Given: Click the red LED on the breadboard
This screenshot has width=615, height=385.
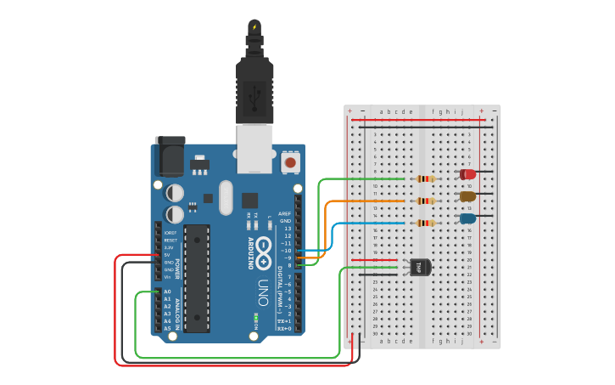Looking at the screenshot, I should [x=467, y=174].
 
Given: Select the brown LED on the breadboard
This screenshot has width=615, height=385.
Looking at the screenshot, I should [x=467, y=196].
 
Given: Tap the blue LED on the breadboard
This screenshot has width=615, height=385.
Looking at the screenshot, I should [x=467, y=218].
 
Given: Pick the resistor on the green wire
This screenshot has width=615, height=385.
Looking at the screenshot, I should [x=425, y=178].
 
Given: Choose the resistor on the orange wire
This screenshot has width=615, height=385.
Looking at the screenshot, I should [x=425, y=201].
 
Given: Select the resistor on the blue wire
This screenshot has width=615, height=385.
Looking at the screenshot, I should [x=425, y=223].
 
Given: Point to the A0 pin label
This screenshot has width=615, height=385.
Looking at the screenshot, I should [x=167, y=292].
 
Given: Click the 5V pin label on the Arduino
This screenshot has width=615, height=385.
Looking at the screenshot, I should [x=167, y=255].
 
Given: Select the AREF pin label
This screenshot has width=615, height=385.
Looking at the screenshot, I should [x=286, y=214].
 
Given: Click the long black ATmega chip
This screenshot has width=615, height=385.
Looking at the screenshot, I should [x=196, y=277].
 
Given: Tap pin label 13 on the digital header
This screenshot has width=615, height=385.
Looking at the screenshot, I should [x=287, y=229].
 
